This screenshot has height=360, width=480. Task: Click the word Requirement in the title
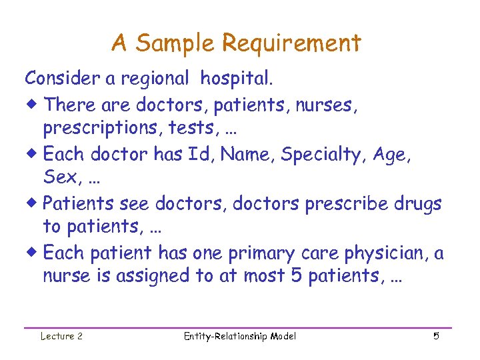click(x=291, y=44)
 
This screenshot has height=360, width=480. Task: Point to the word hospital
click(x=237, y=79)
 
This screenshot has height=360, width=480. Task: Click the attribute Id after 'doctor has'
click(x=199, y=155)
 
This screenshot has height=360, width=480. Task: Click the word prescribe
click(x=342, y=203)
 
